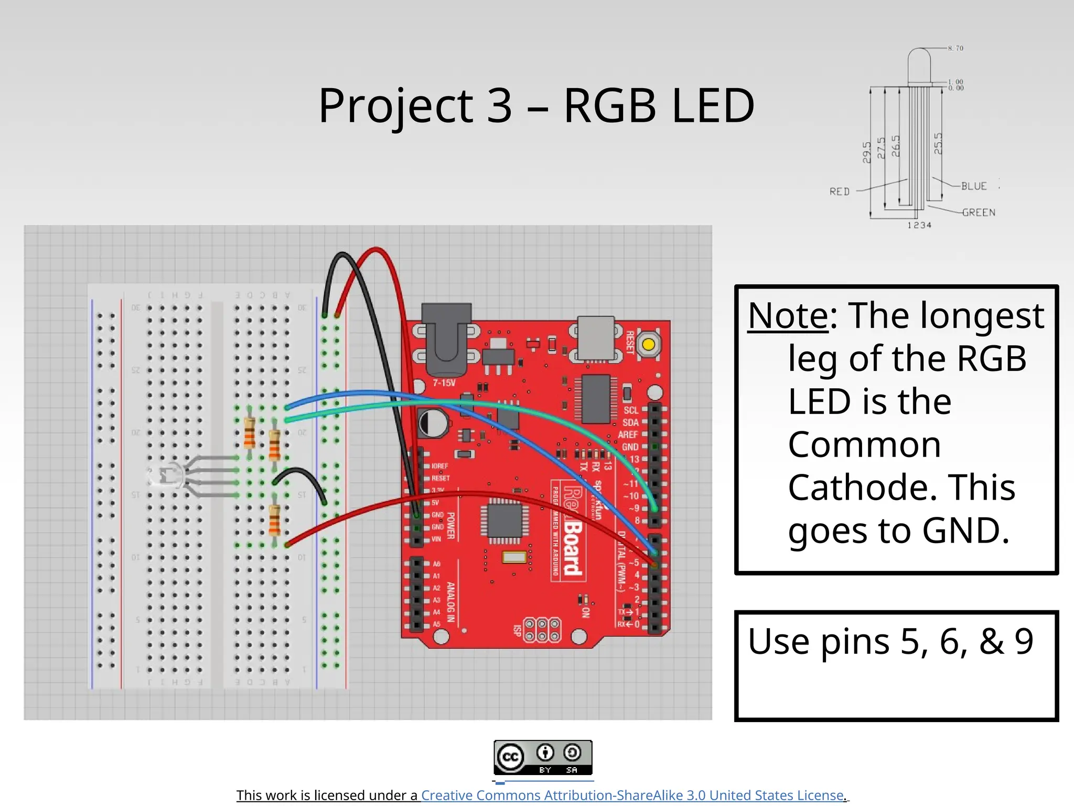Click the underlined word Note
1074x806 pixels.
tap(788, 316)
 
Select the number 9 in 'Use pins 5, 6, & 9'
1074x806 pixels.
tap(1023, 641)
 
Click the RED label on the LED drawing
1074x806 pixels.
tap(839, 192)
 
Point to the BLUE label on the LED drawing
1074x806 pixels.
tap(973, 186)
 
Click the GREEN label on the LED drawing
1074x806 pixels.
tap(978, 213)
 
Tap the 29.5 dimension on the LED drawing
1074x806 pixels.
tap(866, 152)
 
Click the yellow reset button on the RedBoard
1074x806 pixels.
tap(648, 345)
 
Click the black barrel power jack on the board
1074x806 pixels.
tap(446, 336)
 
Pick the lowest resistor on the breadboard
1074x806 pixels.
tap(274, 520)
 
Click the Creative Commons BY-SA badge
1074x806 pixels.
tap(543, 757)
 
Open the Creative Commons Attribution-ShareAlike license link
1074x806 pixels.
tap(632, 796)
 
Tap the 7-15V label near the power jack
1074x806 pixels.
tap(444, 383)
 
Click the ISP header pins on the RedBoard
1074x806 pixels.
tap(542, 630)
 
